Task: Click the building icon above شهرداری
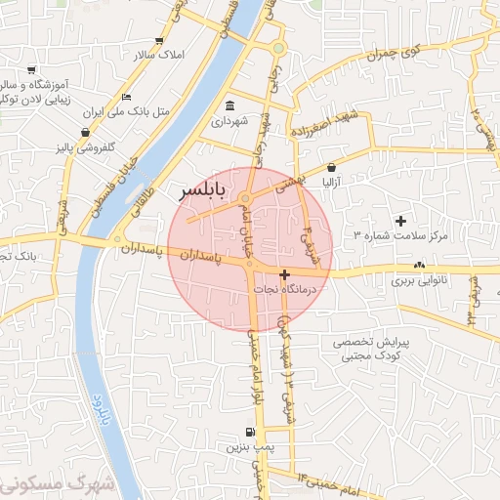click(229, 105)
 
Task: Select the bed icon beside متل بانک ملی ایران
click(127, 98)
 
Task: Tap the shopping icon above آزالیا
click(332, 167)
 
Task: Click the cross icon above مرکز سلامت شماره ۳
click(400, 221)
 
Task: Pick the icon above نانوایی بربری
click(419, 265)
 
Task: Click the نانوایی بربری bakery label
click(419, 281)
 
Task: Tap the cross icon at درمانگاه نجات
click(284, 274)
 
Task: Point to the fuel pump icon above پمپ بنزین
click(251, 432)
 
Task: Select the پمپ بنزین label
click(246, 448)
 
